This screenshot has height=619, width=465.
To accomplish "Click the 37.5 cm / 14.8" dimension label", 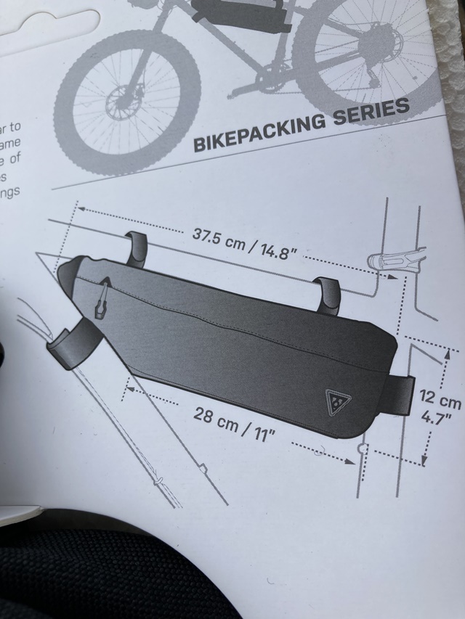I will tap(246, 244).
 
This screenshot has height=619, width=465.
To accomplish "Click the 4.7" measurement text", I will tap(437, 419).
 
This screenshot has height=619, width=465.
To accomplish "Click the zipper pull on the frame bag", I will tap(102, 298).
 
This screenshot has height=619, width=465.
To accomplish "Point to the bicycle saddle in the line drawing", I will tap(395, 258).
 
